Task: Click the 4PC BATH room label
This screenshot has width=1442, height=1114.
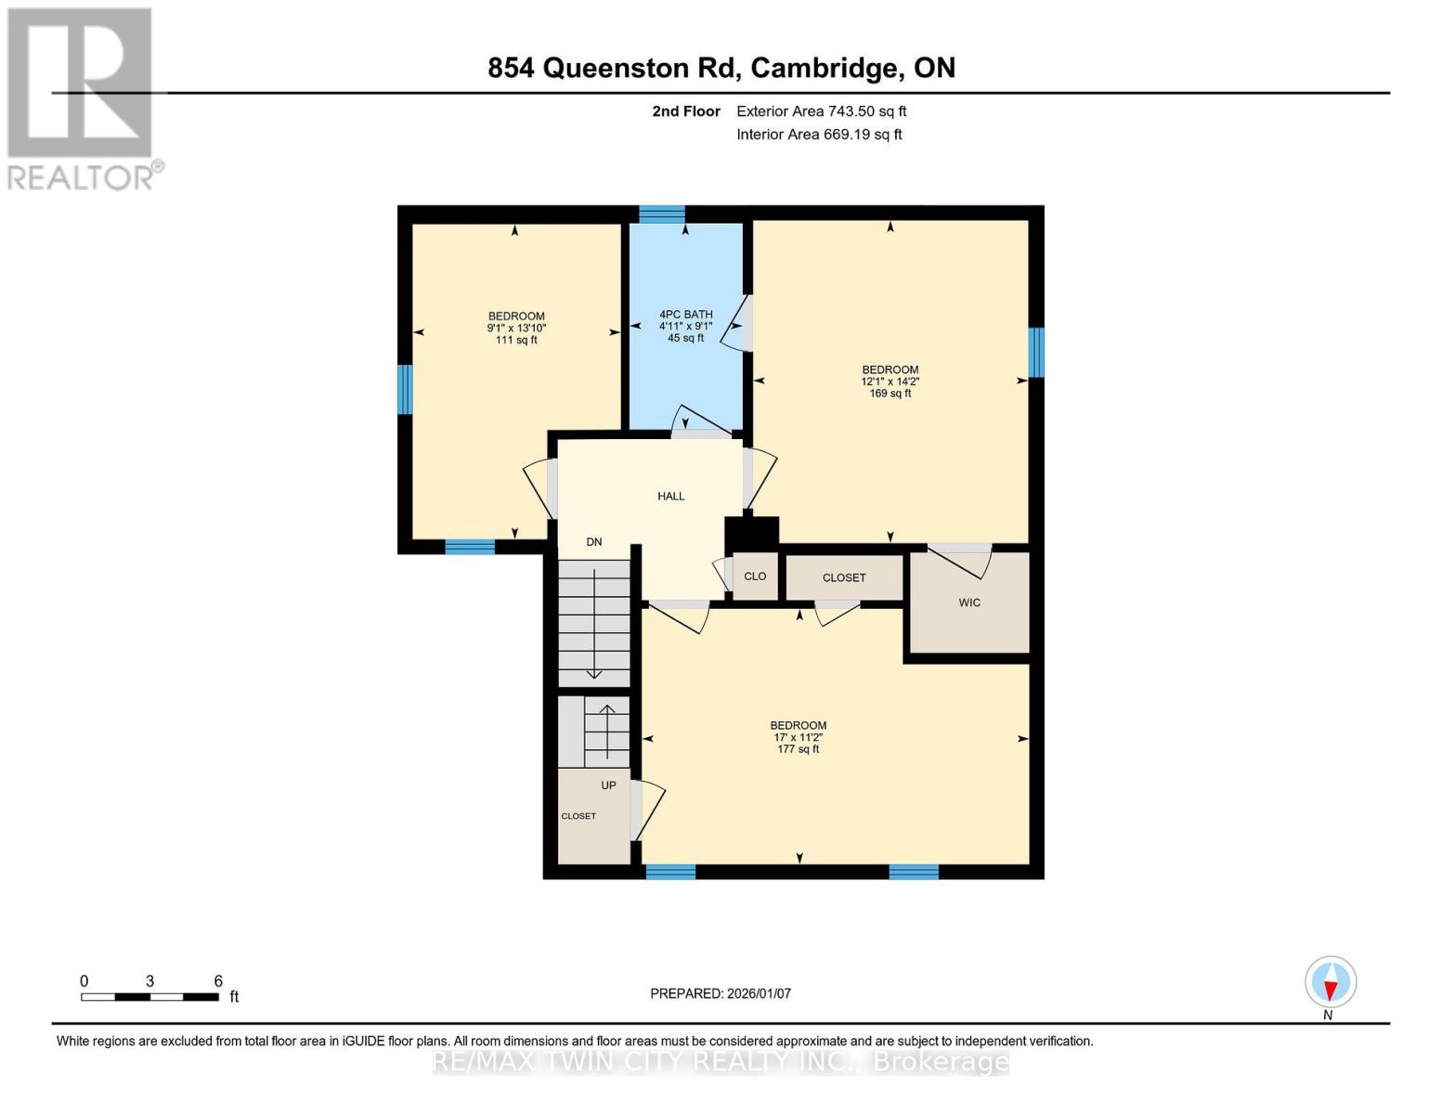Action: point(685,315)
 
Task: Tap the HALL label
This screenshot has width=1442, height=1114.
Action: point(670,497)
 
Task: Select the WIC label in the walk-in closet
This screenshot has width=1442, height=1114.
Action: point(969,603)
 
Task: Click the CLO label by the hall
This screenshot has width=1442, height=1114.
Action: point(755,576)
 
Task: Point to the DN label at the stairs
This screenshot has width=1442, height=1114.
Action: point(594,542)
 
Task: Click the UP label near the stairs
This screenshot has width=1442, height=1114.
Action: point(608,785)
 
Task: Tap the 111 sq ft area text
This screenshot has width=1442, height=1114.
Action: point(516,341)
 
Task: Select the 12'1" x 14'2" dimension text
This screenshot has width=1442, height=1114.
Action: point(890,382)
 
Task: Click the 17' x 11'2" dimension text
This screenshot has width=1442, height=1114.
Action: point(798,738)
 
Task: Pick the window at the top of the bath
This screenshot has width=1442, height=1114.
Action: point(662,214)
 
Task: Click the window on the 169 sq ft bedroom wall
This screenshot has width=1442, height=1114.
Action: point(1036,353)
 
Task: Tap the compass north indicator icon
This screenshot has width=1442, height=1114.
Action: point(1331,982)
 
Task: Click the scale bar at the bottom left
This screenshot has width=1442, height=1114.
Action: point(149,997)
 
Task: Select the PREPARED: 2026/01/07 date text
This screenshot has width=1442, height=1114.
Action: point(721,993)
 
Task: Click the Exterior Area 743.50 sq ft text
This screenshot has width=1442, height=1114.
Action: point(821,111)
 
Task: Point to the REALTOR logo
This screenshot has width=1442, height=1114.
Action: point(82,97)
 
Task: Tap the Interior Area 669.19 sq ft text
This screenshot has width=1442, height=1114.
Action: point(819,135)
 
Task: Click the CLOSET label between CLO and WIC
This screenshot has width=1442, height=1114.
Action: point(844,577)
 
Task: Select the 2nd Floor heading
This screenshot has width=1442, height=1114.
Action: point(686,111)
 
